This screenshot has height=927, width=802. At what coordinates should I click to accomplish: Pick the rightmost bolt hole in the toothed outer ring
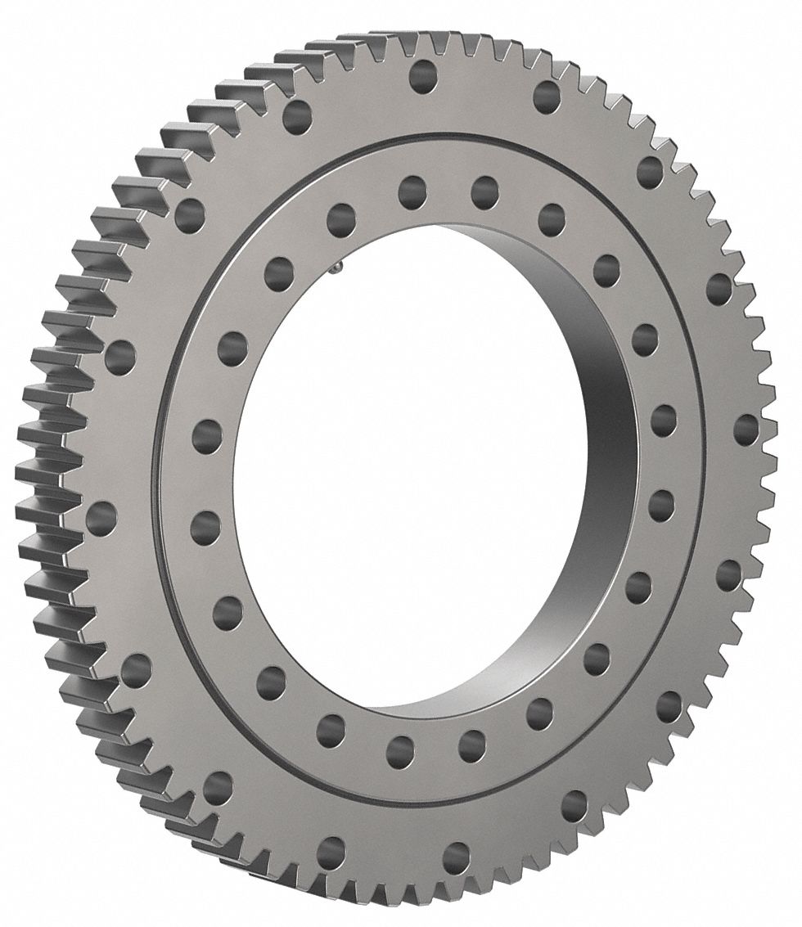(x=746, y=429)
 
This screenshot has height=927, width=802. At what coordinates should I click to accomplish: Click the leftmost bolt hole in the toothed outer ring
(x=101, y=517)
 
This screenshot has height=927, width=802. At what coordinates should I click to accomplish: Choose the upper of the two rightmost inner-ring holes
(x=664, y=420)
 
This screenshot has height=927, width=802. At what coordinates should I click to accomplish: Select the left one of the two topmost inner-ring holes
(x=413, y=193)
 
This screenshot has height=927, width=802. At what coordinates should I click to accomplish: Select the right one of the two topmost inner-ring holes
(x=485, y=191)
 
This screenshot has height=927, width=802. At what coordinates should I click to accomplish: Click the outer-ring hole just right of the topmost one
(x=546, y=97)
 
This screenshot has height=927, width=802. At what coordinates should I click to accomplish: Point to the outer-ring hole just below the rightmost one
(x=728, y=574)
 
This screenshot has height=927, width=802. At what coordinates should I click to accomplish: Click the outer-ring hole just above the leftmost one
(x=120, y=354)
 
